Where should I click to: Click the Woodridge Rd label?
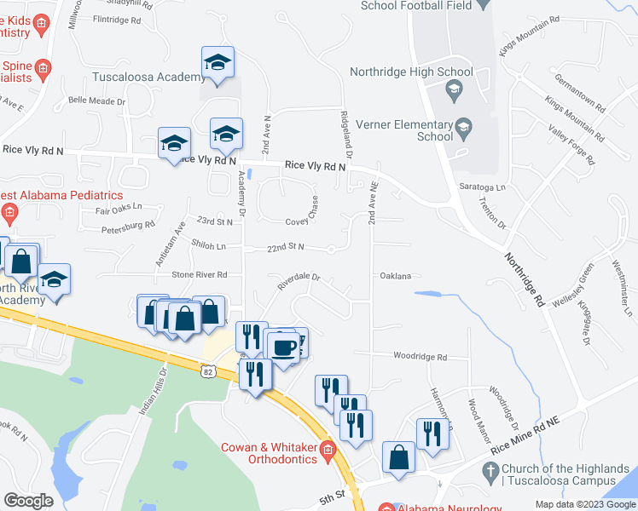tap(420, 356)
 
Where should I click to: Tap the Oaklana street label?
tap(396, 276)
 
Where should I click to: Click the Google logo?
tap(28, 500)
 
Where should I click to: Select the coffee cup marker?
tap(283, 347)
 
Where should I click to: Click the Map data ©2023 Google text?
tap(584, 504)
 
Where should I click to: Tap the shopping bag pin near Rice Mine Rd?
tap(399, 457)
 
